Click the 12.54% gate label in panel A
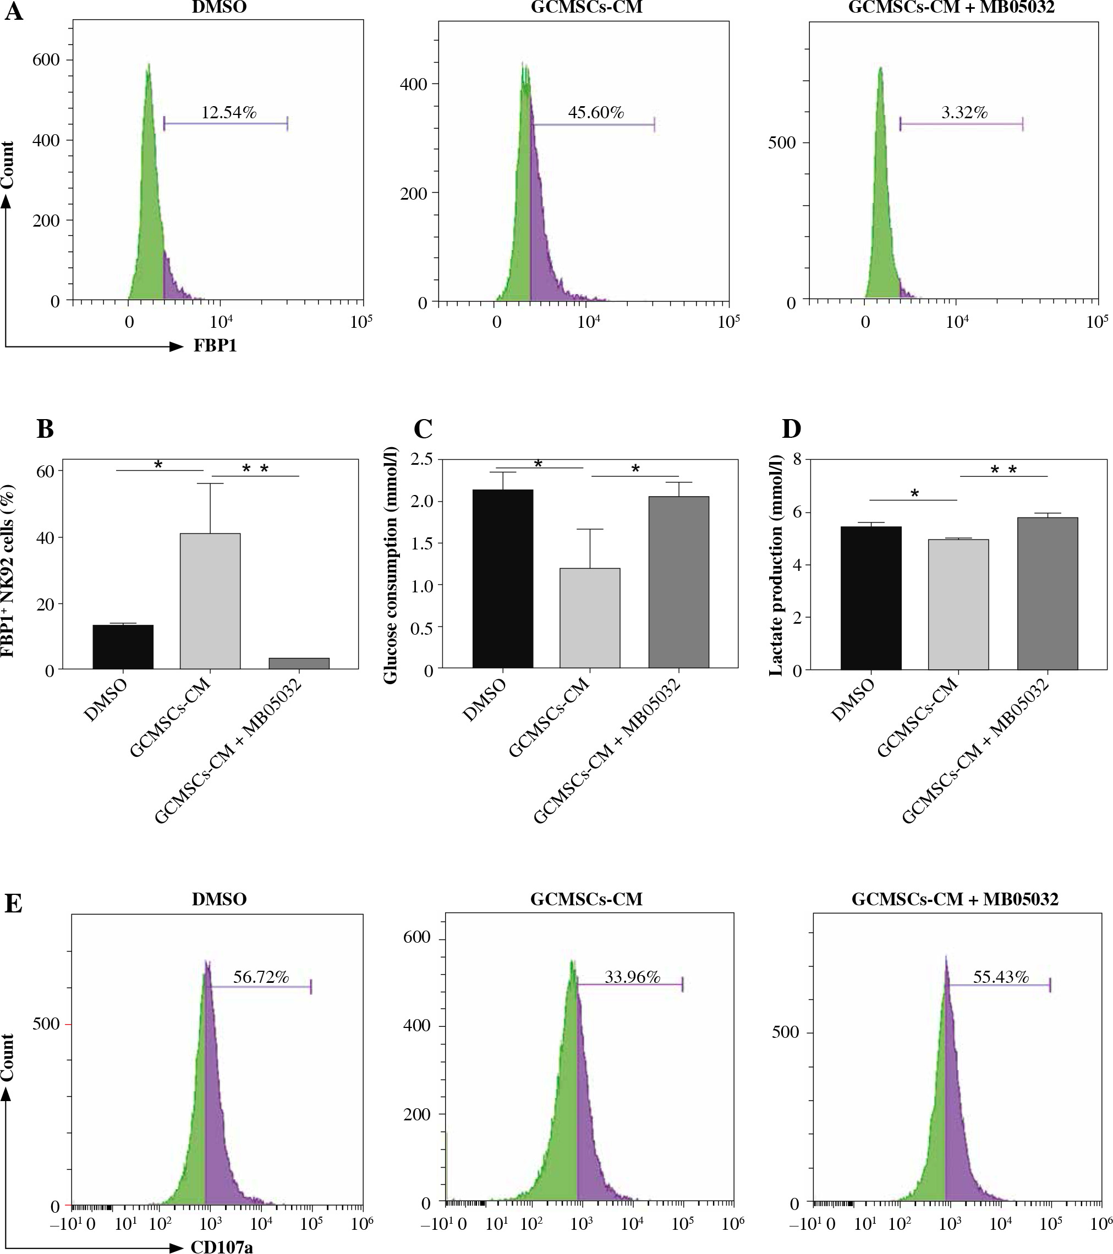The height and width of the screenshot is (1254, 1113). point(228,113)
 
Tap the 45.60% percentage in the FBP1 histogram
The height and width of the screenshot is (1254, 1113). point(595,113)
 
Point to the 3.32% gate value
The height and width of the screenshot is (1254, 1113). point(964,113)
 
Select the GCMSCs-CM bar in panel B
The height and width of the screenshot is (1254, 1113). point(210,601)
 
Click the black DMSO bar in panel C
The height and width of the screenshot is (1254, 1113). point(502,579)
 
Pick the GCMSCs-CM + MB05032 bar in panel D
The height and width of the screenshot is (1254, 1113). point(1047,593)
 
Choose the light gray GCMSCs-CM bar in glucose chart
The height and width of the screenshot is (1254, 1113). point(590,618)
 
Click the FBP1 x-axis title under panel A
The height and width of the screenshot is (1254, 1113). point(215,346)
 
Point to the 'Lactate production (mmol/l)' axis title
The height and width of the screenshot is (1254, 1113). point(777,565)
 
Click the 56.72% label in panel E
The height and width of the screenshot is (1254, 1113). point(261,977)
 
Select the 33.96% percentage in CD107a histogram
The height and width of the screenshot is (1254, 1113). point(632,977)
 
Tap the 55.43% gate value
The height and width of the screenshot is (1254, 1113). point(1001,977)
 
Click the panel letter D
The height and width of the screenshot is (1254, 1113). point(792,429)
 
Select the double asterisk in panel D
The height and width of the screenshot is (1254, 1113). point(1004,470)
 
